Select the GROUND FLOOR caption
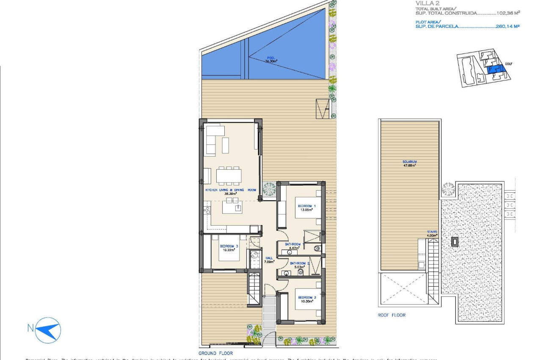(215, 353)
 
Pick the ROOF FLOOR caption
(392, 315)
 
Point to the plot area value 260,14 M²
(507, 26)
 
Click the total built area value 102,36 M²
(508, 13)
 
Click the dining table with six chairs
(229, 175)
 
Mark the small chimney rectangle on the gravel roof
(455, 242)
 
